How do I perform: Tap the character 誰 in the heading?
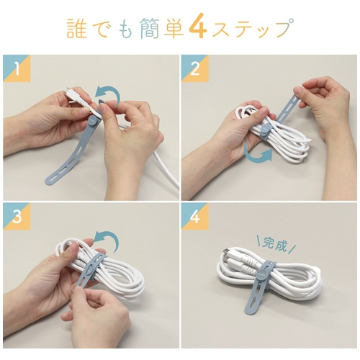[76, 29]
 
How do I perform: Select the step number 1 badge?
[17, 68]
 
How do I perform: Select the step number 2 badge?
[195, 68]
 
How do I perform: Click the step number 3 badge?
[17, 217]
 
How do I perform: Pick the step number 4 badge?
[195, 217]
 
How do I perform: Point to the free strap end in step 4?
[253, 303]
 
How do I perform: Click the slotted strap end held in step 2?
[288, 106]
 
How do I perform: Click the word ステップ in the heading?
[253, 28]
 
